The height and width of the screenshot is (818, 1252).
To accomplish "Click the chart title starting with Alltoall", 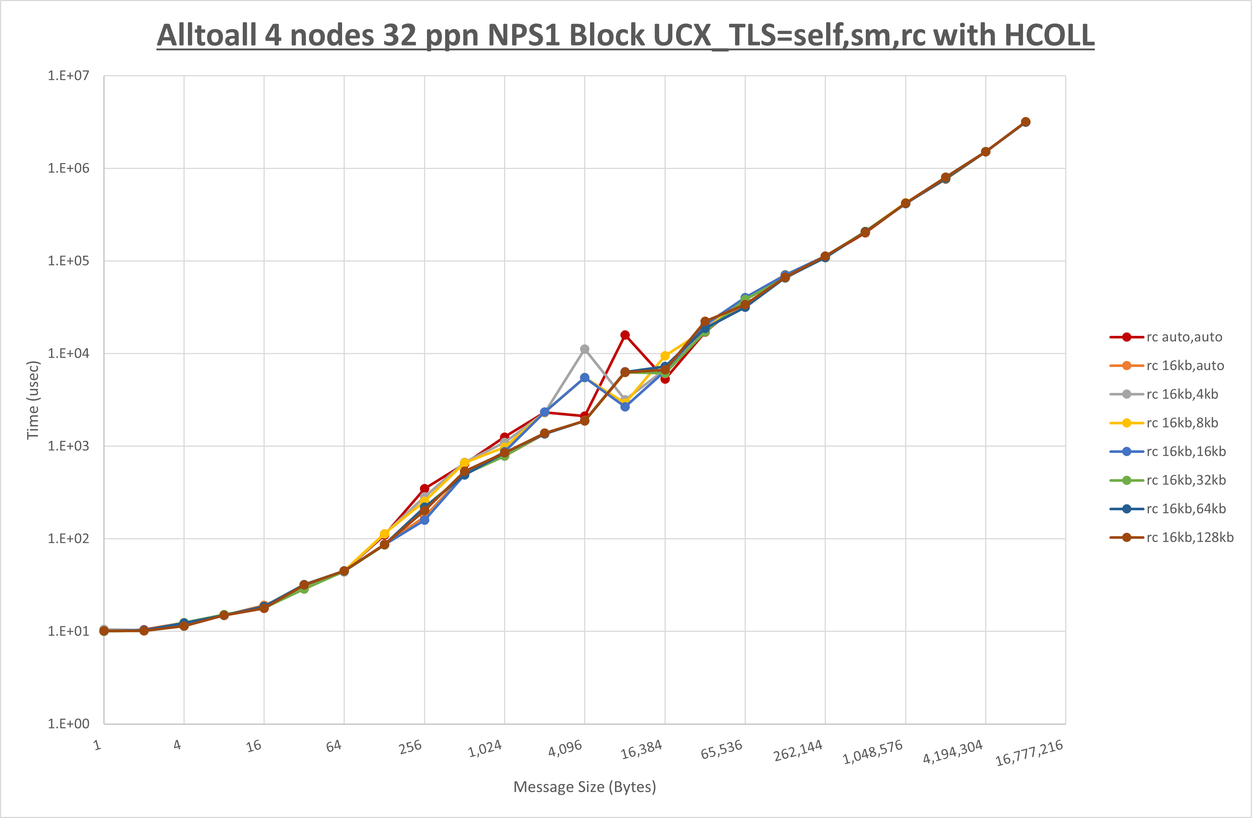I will [626, 36].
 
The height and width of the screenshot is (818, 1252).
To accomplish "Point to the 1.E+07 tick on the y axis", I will [69, 76].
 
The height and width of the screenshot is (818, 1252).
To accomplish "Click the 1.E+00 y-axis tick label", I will [69, 724].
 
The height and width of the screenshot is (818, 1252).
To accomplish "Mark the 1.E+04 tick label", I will [69, 353].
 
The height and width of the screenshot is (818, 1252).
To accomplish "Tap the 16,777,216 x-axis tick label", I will [1029, 753].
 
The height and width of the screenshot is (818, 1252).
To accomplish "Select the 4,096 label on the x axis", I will [565, 748].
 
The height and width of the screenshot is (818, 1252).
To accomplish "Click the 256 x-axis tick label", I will [410, 747].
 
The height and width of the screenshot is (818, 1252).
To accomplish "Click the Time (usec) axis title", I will [33, 400].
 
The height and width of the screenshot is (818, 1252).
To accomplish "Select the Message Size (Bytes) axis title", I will [584, 787].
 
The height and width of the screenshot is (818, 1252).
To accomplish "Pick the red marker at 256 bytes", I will [424, 488].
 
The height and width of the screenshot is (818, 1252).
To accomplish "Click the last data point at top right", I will [1025, 122].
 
